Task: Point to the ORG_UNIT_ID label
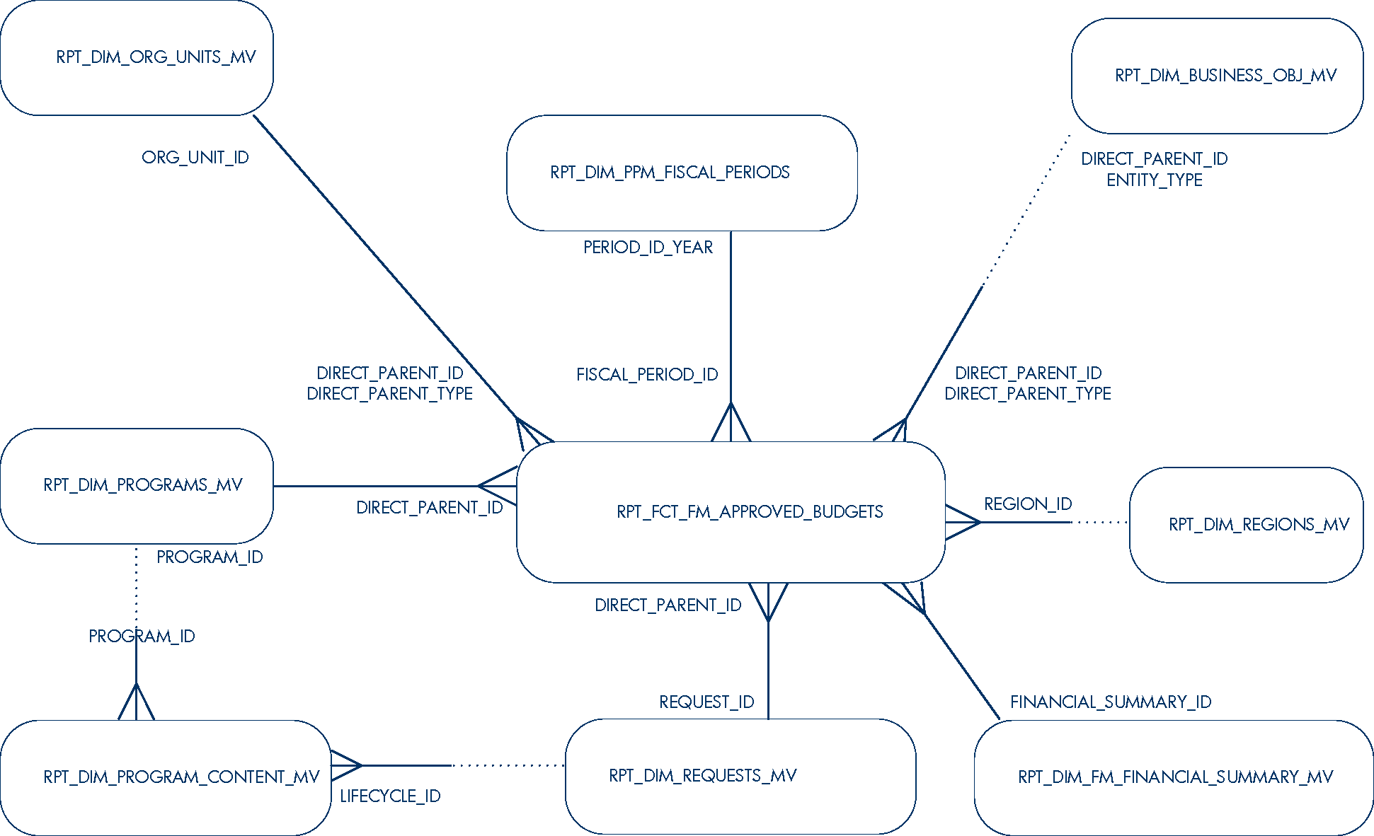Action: [x=195, y=158]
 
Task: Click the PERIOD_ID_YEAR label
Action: [x=648, y=248]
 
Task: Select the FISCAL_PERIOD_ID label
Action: [x=647, y=375]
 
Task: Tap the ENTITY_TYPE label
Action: [x=1154, y=180]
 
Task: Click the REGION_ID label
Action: [x=1028, y=504]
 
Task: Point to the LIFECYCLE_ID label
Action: [x=390, y=796]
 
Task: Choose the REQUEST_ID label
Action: [x=706, y=702]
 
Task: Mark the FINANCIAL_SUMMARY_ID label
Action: [x=1111, y=702]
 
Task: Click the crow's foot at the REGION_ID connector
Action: [x=962, y=523]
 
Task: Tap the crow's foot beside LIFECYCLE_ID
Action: [x=346, y=765]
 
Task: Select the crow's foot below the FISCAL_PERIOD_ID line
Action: [x=731, y=424]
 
